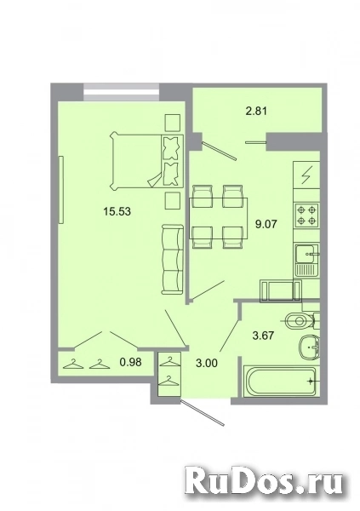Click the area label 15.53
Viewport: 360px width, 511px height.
coord(117,211)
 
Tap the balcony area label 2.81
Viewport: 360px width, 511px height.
coord(256,111)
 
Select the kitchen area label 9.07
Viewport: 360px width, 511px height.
coord(266,224)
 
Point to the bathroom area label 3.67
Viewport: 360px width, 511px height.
coord(264,335)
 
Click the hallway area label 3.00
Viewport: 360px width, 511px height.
coord(207,363)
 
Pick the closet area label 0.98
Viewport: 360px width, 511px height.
coord(131,362)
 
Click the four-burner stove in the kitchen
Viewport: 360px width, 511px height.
coord(306,215)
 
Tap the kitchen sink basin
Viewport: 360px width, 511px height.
coord(306,254)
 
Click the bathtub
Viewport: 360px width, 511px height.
coord(280,382)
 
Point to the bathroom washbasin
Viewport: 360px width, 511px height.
coord(310,347)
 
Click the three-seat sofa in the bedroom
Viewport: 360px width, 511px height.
coord(172,260)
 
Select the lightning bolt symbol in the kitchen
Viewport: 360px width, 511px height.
coord(307,175)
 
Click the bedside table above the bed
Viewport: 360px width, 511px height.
coord(173,123)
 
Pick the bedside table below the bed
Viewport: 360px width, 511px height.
coord(173,201)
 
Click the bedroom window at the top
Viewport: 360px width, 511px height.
coord(121,93)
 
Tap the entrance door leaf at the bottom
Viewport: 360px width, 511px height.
coord(203,412)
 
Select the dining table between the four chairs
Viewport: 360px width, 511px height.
coord(219,218)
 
